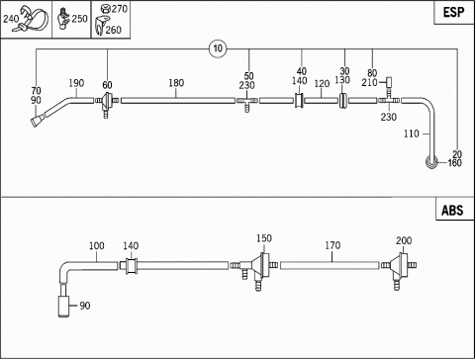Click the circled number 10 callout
click(218, 48)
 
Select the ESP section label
click(453, 12)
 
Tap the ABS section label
click(452, 210)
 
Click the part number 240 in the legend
click(11, 19)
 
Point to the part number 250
click(79, 19)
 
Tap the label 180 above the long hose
click(176, 83)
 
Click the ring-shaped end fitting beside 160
click(431, 162)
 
